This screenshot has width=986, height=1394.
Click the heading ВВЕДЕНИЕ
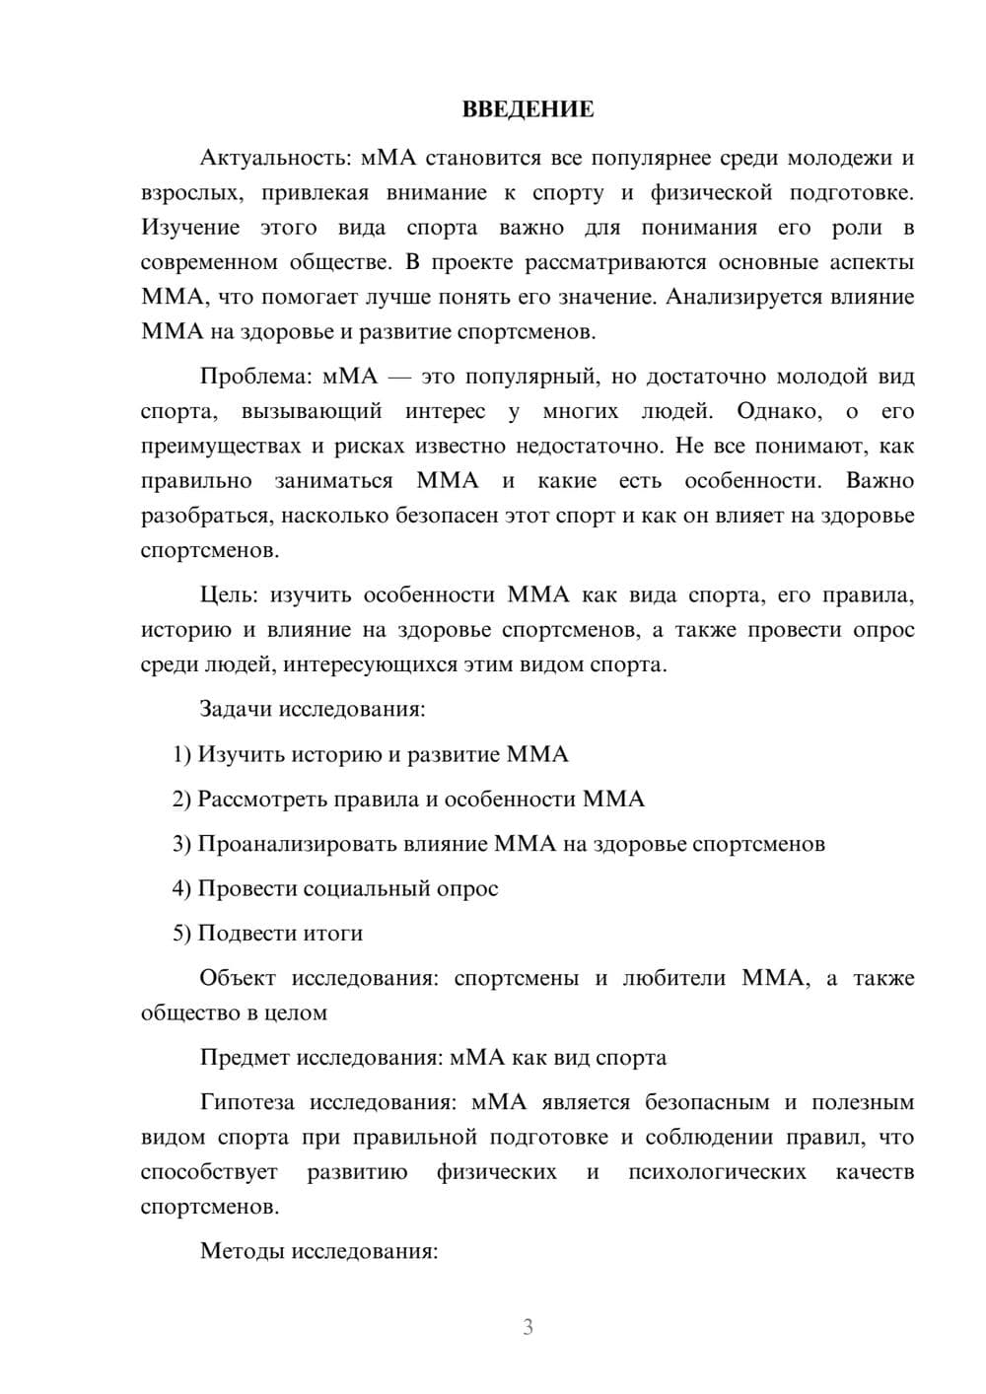pos(528,109)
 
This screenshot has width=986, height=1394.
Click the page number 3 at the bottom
pos(528,1327)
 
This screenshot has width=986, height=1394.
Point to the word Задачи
pos(237,709)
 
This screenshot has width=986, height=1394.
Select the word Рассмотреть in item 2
pos(261,799)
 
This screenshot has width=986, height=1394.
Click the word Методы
pos(241,1252)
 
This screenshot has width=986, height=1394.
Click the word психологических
pos(717,1172)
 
